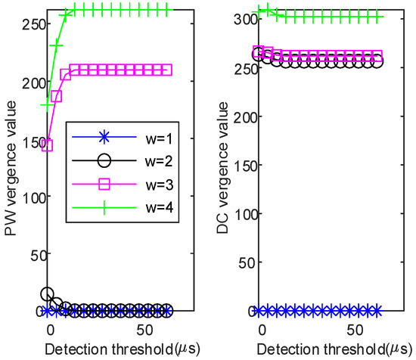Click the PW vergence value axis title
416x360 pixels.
pyautogui.click(x=10, y=159)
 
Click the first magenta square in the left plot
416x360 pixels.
pyautogui.click(x=47, y=145)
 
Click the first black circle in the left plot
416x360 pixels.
pyautogui.click(x=47, y=294)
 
